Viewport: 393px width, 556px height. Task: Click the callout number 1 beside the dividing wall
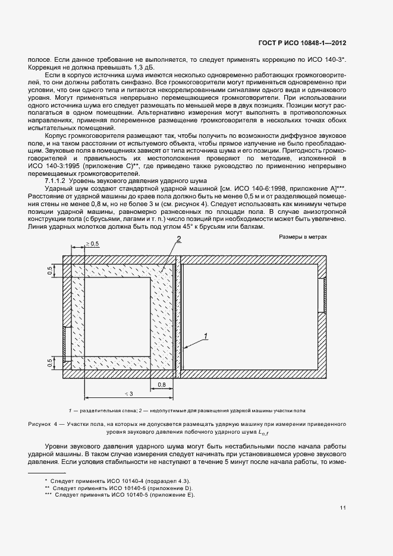206,336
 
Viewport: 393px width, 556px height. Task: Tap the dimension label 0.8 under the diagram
162,384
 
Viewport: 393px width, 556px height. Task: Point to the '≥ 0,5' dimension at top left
92,244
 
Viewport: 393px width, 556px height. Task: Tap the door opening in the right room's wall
322,295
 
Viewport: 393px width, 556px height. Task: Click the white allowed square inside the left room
118,318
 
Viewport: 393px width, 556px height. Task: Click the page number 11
343,507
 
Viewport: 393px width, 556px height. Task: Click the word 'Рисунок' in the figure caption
40,424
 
